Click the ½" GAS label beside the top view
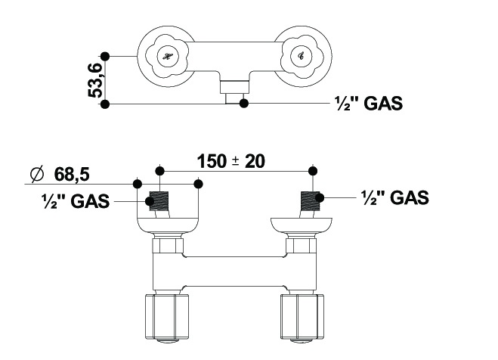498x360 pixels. tap(368, 104)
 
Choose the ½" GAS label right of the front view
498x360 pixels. tap(394, 197)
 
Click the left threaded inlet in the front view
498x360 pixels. tap(159, 202)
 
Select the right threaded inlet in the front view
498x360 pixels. tap(311, 202)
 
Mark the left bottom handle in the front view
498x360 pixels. tap(162, 317)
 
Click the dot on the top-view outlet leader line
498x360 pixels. tap(243, 103)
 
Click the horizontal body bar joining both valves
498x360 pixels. tap(234, 264)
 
